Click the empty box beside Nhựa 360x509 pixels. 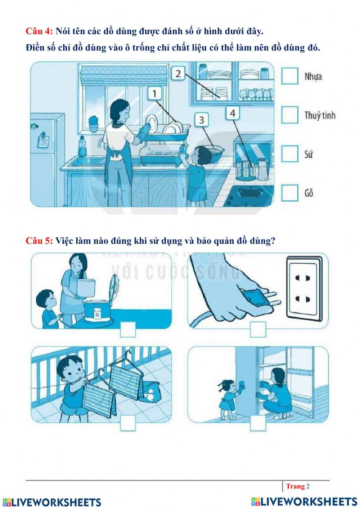point(289,76)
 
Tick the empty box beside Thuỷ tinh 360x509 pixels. point(289,115)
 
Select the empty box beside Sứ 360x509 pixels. point(289,154)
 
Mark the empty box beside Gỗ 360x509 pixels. point(289,193)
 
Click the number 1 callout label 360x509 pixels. point(154,93)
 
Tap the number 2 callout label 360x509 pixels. point(178,73)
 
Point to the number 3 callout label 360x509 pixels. point(202,120)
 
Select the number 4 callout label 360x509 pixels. point(233,113)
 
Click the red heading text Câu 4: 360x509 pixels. point(39,31)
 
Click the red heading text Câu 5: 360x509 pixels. point(39,241)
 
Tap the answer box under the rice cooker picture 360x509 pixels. point(128,330)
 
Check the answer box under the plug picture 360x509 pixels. point(258,330)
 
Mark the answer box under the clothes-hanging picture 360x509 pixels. point(128,423)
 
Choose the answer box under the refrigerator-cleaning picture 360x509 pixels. point(258,423)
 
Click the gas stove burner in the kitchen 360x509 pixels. point(247,193)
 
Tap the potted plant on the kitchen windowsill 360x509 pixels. point(93,124)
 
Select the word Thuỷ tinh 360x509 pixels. point(320,115)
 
